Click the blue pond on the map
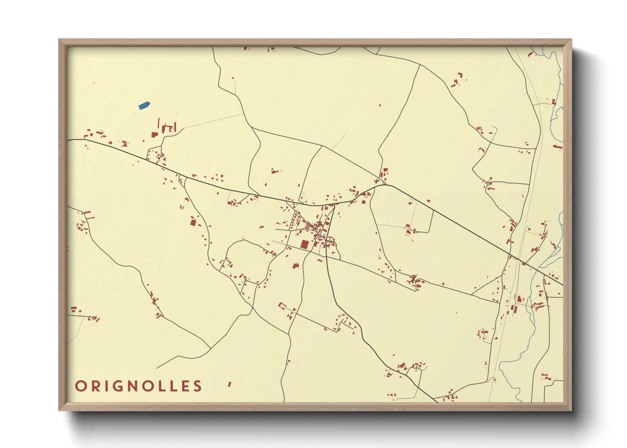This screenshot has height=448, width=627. [x=144, y=105]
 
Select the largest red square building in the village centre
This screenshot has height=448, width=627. [x=305, y=244]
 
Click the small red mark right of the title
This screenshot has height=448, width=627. [x=230, y=384]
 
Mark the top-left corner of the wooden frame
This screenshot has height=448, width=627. [x=59, y=39]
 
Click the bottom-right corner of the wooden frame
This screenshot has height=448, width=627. [x=572, y=410]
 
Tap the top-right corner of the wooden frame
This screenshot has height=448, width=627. [x=572, y=39]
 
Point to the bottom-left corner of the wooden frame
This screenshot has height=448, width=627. [x=59, y=410]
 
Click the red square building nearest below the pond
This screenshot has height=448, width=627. [x=155, y=135]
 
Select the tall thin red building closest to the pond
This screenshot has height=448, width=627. [x=158, y=123]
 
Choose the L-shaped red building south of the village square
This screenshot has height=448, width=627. [x=296, y=266]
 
